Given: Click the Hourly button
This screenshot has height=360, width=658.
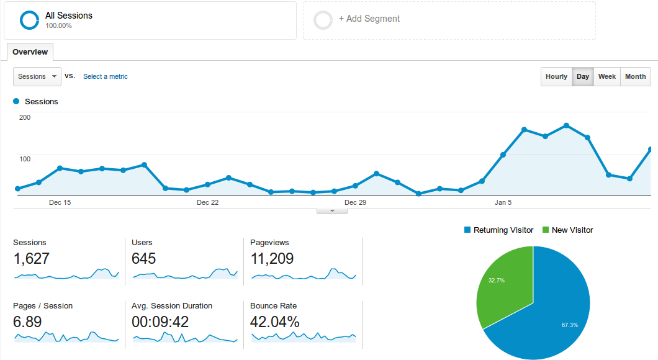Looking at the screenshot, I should coord(556,76).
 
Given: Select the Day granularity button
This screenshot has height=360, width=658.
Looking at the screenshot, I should coord(582,76).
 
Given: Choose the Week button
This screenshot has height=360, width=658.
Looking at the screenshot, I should coord(606,76).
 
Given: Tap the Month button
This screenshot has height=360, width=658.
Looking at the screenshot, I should coord(635,76).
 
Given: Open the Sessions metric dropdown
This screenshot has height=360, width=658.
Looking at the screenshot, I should coord(37,76).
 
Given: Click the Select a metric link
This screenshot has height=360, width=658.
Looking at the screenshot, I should coord(106,76).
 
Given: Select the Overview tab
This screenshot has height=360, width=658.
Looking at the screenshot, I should coord(30,52).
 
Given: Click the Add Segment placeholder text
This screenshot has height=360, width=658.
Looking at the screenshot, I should coord(369,19).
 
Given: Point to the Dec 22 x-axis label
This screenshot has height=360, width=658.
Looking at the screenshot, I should coord(207,202).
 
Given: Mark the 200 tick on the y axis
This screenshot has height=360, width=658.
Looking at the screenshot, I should coord(25,117).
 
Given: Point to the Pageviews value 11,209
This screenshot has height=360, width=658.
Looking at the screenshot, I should coord(272,258).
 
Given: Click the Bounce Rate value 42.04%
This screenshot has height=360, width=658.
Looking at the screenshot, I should coord(274,322).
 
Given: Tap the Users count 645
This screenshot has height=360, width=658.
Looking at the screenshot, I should coord(144,258).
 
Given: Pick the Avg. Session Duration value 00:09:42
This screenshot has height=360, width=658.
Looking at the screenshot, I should coord(160,322).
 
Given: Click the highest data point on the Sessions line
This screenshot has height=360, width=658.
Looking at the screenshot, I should coord(566,125).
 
